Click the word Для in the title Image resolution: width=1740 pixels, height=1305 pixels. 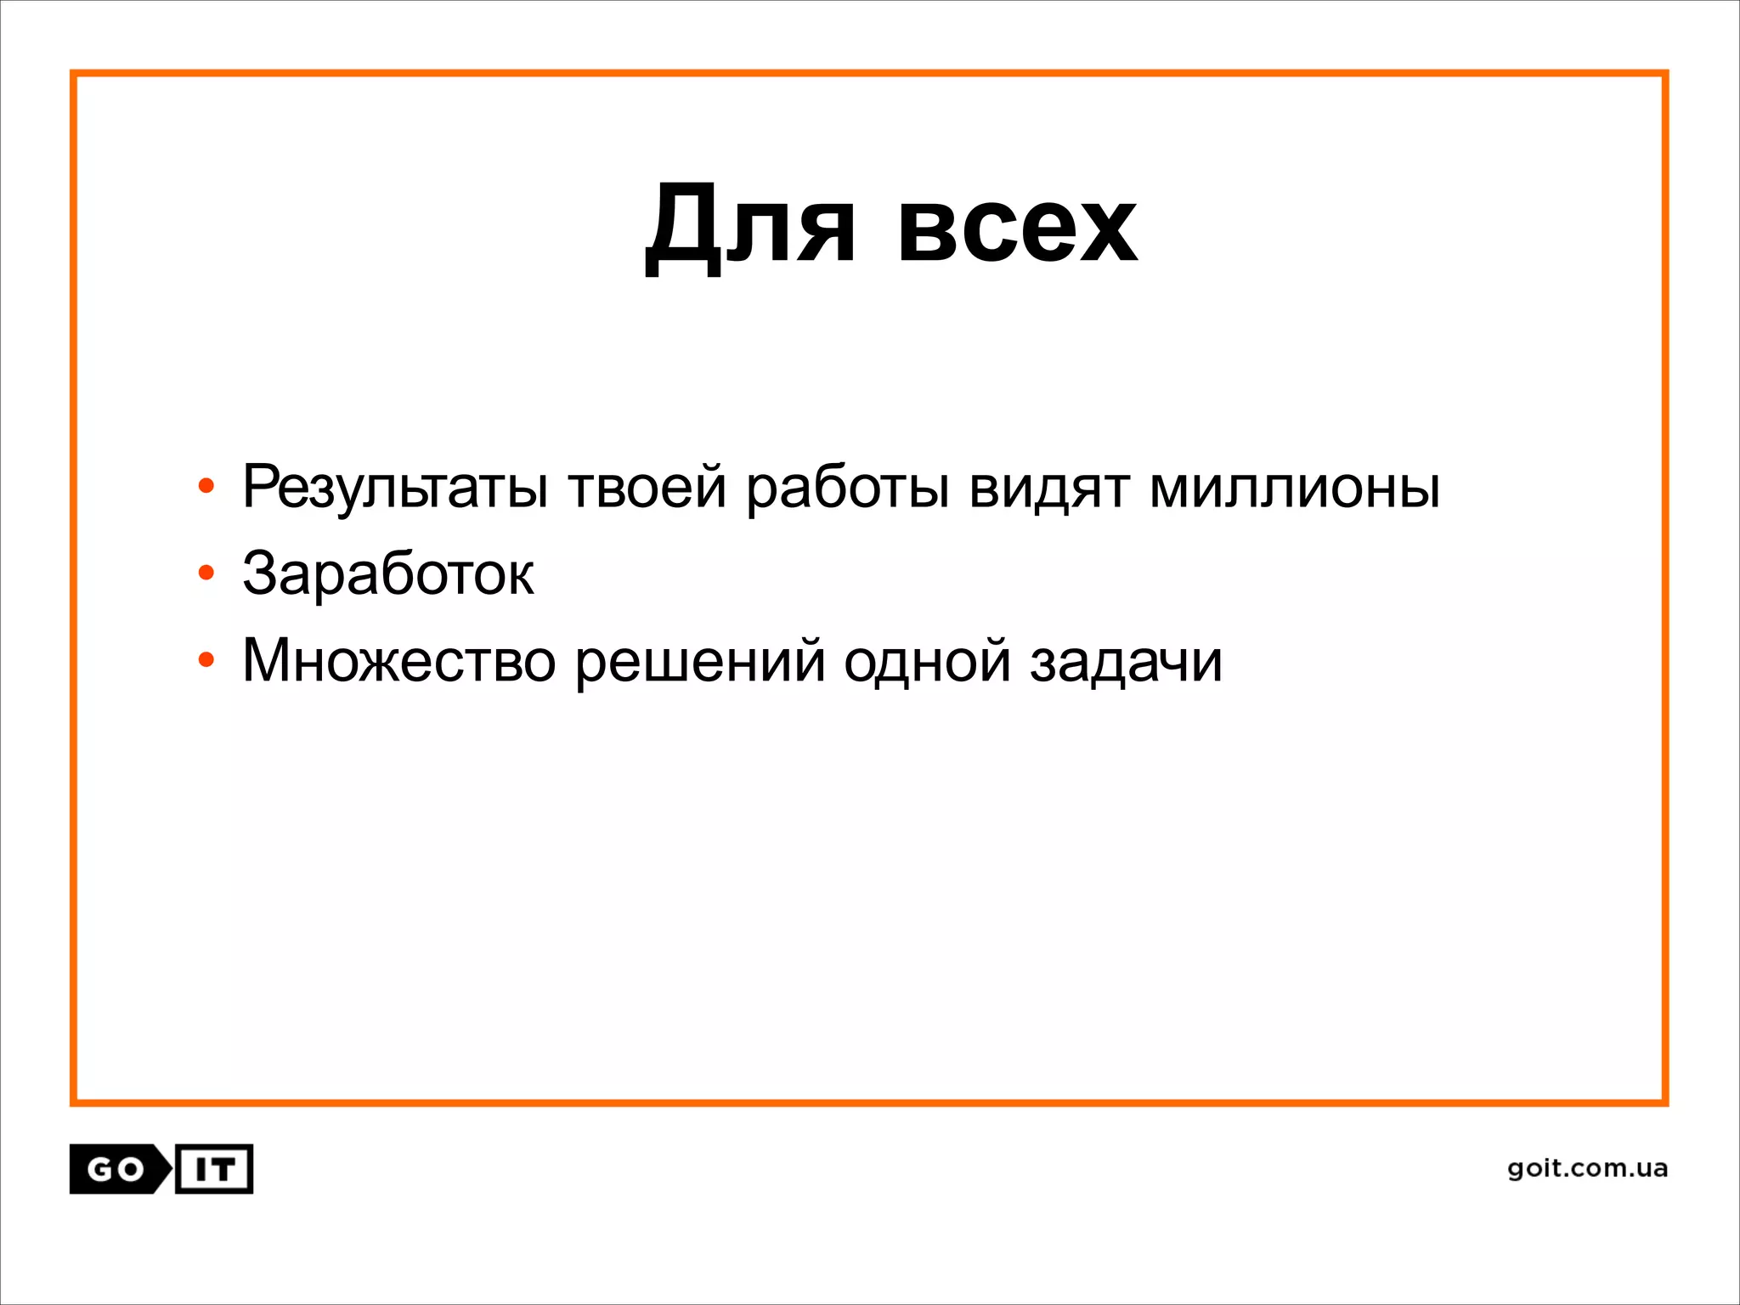pos(749,226)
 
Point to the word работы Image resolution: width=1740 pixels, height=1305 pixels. pos(847,489)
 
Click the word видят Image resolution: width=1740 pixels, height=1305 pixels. pos(1049,489)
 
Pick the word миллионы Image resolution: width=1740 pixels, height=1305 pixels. pos(1295,489)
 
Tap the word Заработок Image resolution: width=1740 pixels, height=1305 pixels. pos(388,573)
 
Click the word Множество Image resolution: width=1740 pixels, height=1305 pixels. pos(398,660)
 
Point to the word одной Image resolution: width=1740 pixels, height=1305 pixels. pos(927,660)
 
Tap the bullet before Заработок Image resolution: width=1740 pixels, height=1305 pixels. pos(206,573)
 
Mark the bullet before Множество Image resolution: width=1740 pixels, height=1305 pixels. pos(206,660)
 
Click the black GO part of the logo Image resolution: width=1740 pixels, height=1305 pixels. pos(116,1170)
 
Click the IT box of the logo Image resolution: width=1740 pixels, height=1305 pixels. pos(214,1170)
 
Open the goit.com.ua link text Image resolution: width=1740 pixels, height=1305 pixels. pos(1587,1168)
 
